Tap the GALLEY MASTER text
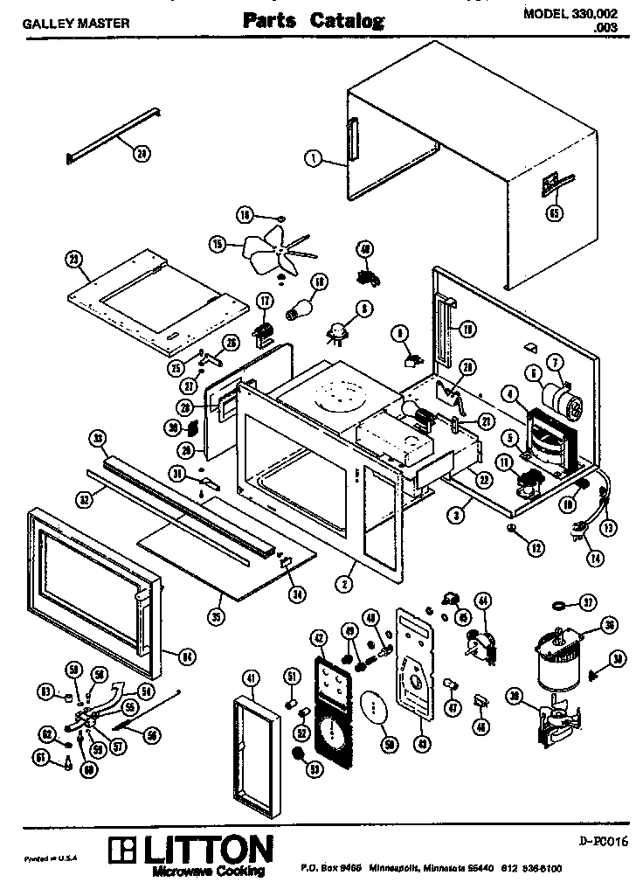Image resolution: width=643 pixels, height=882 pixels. [75, 24]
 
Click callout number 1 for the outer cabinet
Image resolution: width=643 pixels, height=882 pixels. [311, 158]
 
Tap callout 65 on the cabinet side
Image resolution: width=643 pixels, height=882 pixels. [553, 212]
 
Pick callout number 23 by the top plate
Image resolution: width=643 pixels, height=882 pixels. [74, 258]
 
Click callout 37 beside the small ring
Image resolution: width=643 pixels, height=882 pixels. [588, 601]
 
